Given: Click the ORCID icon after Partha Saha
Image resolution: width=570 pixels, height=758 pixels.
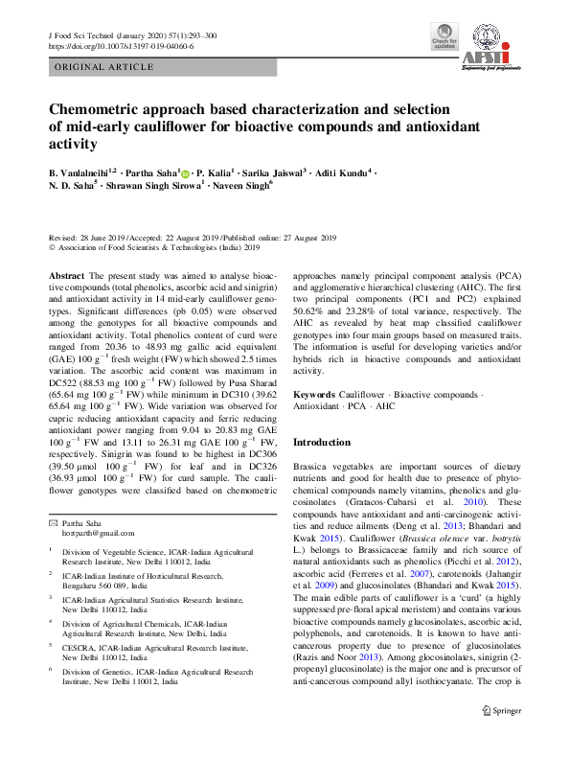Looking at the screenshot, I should click(x=185, y=173).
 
